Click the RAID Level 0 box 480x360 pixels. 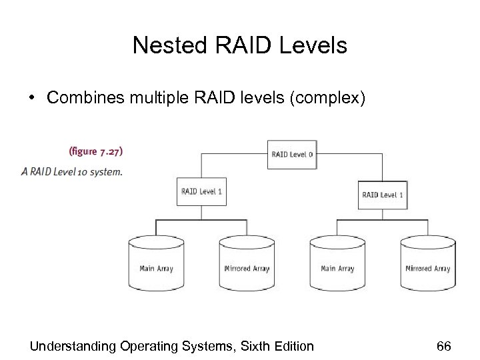tap(291, 155)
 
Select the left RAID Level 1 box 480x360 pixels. tap(201, 192)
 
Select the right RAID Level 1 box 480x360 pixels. tap(382, 195)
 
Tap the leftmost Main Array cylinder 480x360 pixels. tap(156, 265)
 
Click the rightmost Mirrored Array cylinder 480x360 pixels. tap(427, 265)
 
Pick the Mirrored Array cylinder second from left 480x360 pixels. tap(247, 265)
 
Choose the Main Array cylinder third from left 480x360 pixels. tap(337, 265)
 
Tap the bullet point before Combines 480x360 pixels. tap(32, 97)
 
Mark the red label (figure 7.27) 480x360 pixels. tap(95, 151)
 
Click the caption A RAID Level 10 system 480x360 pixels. tap(72, 171)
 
